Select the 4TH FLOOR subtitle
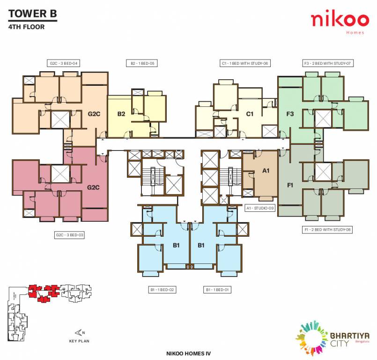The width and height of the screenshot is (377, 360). (x=27, y=27)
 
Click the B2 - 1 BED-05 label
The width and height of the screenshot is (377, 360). (x=142, y=63)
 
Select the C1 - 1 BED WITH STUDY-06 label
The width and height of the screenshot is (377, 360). (x=246, y=63)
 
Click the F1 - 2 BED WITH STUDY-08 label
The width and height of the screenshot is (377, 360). (x=328, y=230)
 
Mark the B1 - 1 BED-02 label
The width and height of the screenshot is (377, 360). (x=163, y=290)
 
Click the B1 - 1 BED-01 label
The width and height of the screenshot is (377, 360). (x=218, y=290)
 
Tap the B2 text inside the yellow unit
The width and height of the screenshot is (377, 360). (x=121, y=113)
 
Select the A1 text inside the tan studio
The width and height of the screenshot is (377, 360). (x=266, y=171)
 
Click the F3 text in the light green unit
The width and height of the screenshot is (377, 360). (x=290, y=114)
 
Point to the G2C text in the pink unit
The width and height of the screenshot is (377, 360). (x=94, y=187)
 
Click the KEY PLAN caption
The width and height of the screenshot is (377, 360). (x=79, y=341)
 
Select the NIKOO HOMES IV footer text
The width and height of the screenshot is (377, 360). (x=188, y=352)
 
